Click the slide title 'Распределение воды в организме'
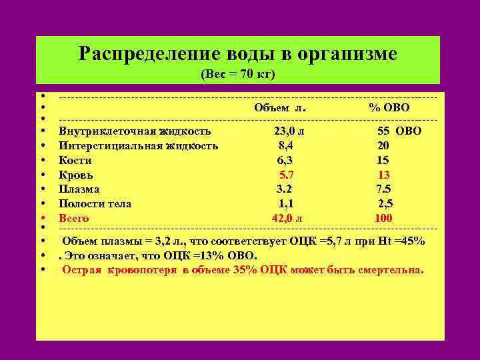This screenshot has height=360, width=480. point(237,53)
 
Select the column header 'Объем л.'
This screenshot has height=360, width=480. point(280,108)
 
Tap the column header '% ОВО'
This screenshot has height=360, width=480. point(390,108)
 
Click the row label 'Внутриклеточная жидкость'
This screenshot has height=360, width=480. point(135,131)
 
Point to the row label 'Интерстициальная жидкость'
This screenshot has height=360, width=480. point(138,145)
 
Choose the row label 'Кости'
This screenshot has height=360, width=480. point(75,160)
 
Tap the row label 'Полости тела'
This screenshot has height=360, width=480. point(95,204)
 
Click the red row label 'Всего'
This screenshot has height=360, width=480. point(73,218)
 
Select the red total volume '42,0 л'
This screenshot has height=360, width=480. point(287,218)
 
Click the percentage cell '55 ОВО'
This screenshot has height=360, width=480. point(399,131)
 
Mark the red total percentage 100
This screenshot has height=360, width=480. point(383,218)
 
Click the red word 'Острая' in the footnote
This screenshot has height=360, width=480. point(83,270)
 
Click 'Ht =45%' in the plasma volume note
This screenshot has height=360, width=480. point(402,241)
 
